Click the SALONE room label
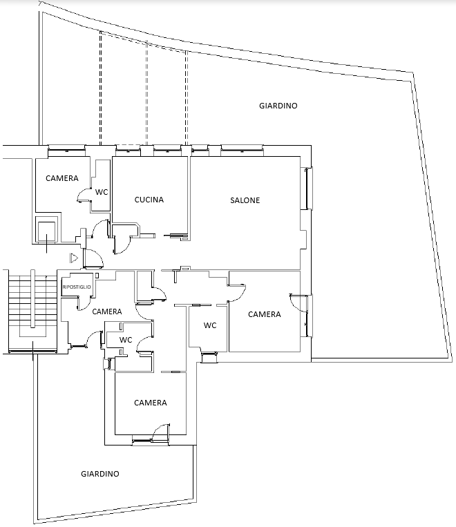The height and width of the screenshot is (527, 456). tap(245, 200)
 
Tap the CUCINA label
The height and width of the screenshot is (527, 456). tap(149, 200)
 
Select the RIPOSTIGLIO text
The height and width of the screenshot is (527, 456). tap(77, 287)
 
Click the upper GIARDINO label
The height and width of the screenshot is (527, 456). tap(278, 106)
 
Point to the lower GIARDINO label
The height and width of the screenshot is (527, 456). tap(100, 474)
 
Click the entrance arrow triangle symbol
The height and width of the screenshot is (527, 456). tap(74, 258)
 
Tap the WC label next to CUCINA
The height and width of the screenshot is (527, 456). tap(102, 192)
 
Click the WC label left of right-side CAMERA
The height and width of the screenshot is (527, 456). tap(210, 325)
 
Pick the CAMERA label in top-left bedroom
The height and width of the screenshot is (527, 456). tap(62, 178)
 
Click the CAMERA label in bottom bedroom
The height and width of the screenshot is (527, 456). tap(151, 403)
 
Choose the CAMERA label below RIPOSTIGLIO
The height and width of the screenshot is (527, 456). tap(107, 312)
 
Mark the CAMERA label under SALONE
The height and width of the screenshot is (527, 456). tap(265, 314)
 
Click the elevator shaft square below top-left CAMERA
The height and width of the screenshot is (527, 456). tap(46, 231)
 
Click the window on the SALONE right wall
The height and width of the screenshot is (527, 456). tap(308, 189)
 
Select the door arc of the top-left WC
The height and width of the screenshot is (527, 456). tap(84, 195)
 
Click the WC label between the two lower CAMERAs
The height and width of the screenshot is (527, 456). tap(126, 340)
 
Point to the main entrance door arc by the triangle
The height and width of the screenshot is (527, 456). tap(94, 258)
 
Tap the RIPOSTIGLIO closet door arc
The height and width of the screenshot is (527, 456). tap(85, 304)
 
